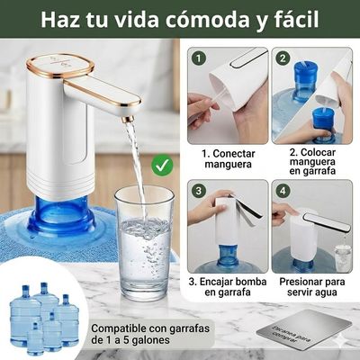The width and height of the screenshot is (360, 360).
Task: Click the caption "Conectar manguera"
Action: click(228, 159)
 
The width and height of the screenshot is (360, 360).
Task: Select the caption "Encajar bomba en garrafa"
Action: click(228, 285)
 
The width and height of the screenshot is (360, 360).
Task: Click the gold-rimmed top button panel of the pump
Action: click(58, 64)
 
